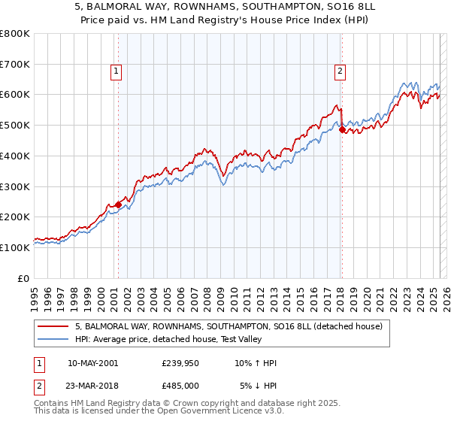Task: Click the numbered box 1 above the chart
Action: click(x=117, y=71)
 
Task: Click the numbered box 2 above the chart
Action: click(x=340, y=71)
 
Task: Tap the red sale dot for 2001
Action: click(x=118, y=204)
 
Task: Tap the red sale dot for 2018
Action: click(x=342, y=129)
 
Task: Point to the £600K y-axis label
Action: click(x=15, y=95)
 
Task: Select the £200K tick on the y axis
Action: click(x=15, y=217)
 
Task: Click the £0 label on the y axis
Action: click(x=24, y=277)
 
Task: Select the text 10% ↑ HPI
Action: click(x=256, y=363)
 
